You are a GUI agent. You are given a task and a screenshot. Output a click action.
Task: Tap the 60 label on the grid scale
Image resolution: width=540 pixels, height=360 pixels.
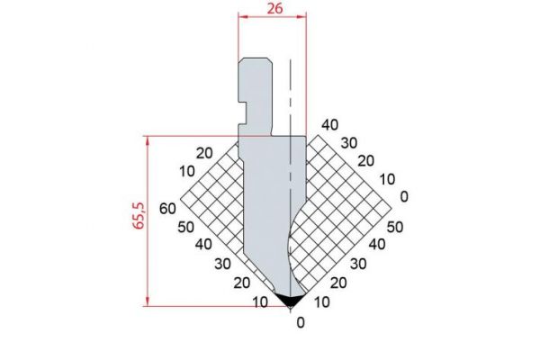coord(166,209)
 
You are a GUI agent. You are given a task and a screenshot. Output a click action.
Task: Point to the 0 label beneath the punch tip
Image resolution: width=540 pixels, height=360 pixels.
coord(300,322)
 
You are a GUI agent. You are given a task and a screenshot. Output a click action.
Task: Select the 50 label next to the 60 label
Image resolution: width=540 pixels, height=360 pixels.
coord(186,227)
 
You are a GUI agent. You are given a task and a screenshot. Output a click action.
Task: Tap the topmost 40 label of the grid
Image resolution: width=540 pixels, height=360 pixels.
coord(329,124)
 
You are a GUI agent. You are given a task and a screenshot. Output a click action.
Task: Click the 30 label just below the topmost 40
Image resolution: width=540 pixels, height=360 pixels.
coord(348,142)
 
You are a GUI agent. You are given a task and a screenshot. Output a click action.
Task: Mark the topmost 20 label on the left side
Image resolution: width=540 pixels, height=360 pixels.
coord(203,153)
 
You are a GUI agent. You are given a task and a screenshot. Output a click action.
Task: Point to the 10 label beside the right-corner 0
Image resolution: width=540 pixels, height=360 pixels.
coord(386,178)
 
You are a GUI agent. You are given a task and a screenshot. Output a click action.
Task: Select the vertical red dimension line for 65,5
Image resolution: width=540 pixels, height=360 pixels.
coord(147,220)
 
